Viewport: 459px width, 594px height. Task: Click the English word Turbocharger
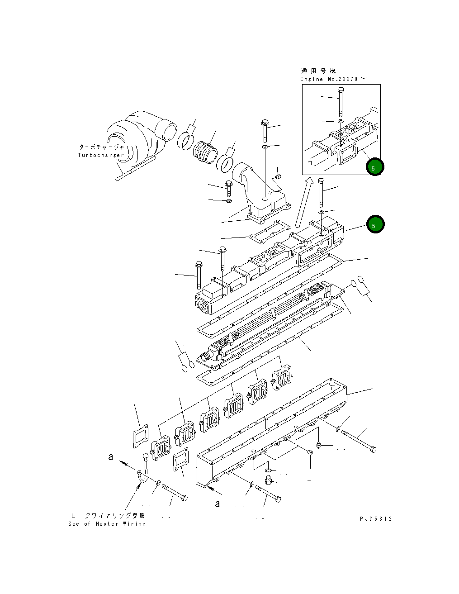100,155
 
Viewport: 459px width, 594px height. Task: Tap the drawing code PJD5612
376,519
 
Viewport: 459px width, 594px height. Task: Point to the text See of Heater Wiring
107,524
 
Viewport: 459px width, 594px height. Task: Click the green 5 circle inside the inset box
375,167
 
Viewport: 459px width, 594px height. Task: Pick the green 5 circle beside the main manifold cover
375,224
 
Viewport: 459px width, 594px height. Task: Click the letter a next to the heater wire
111,457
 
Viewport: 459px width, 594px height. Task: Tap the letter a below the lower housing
218,504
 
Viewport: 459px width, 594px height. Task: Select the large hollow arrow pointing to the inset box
303,202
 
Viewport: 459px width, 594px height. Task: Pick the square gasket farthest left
141,436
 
